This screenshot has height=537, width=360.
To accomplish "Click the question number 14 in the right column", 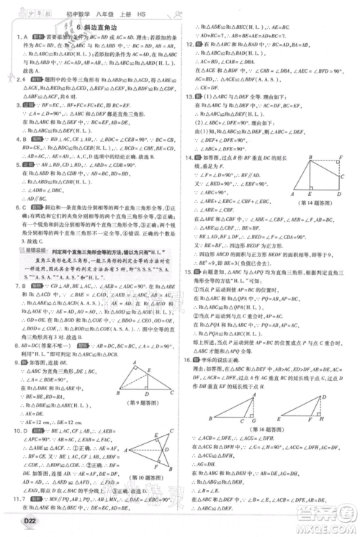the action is (188, 157).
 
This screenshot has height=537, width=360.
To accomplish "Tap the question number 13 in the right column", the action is (188, 95).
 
